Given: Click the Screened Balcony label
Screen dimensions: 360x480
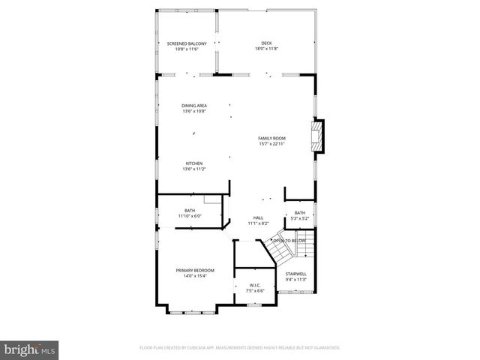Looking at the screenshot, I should (186, 44).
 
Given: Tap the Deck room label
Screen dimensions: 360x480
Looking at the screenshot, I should (266, 44).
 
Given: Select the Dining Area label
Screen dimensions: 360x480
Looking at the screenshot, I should (193, 106).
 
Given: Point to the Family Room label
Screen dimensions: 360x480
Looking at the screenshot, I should (272, 138).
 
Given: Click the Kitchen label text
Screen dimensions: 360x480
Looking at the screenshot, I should (193, 163).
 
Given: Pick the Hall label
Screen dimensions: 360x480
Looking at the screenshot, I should (258, 218).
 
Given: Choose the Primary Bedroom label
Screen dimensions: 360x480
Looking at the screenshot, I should (195, 270).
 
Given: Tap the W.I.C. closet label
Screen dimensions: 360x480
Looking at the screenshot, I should (254, 285).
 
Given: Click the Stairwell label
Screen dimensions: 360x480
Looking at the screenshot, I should (295, 274).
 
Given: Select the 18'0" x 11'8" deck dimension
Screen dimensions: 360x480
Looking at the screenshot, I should (266, 49).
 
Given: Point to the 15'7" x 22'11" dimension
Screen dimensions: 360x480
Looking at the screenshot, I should (272, 144).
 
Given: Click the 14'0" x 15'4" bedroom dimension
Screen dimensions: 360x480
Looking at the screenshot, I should (195, 276).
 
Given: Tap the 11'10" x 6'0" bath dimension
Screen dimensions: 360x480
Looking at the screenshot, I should (190, 217).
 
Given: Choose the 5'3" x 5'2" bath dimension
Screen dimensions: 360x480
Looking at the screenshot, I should (300, 218).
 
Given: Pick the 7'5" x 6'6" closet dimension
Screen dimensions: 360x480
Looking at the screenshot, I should (254, 291).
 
